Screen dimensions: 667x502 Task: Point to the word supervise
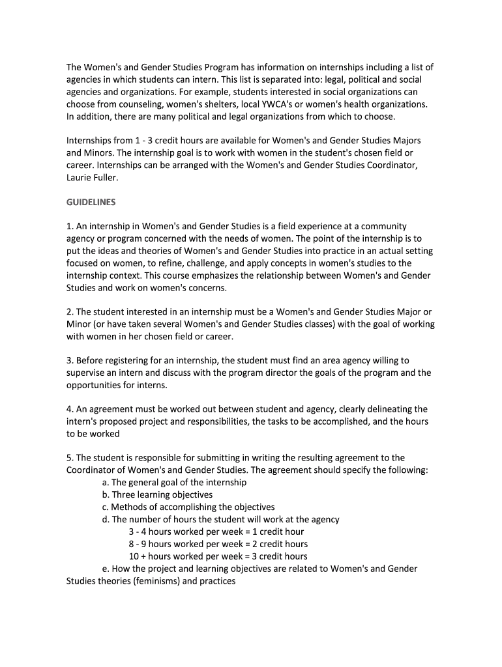(x=89, y=373)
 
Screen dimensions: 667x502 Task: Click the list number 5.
(x=69, y=458)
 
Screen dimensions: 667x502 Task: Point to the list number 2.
(x=69, y=312)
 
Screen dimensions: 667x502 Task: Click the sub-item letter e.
(x=105, y=569)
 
